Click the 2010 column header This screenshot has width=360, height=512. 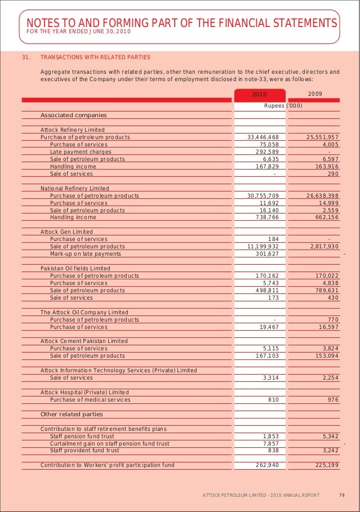[259, 94]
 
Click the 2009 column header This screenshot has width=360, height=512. [315, 94]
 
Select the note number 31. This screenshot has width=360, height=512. [24, 57]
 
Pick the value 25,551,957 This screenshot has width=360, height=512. [322, 137]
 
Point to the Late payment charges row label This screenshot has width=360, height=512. [81, 152]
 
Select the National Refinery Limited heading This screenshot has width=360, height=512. [75, 189]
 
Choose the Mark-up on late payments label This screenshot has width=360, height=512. [85, 254]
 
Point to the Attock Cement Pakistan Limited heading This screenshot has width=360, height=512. [84, 341]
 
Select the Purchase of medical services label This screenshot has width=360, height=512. [90, 400]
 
